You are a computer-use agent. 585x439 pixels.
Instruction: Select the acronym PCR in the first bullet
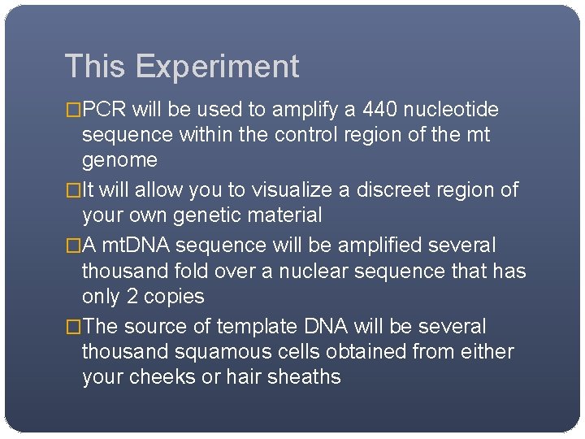click(105, 110)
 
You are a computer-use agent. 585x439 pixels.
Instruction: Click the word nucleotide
click(457, 110)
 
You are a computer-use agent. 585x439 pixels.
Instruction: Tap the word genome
click(119, 160)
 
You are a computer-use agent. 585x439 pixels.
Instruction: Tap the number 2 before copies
click(132, 296)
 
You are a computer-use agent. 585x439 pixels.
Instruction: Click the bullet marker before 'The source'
click(73, 327)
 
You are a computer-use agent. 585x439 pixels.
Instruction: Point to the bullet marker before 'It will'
click(73, 190)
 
